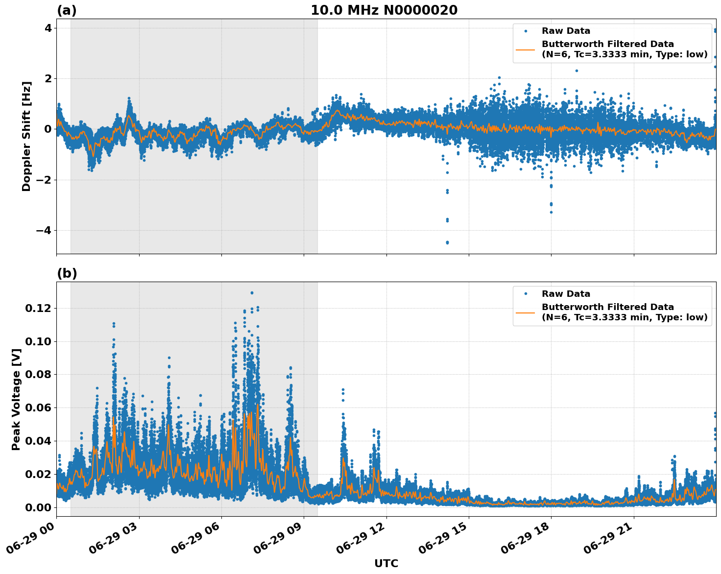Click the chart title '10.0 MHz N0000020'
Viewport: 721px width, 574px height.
pos(384,10)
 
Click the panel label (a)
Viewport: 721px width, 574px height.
pos(67,10)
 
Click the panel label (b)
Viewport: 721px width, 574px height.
pos(67,273)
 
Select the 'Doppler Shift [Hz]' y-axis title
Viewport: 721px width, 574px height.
pos(26,136)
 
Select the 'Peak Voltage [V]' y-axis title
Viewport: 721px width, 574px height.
pos(16,399)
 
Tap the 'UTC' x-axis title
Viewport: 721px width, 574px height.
pos(386,563)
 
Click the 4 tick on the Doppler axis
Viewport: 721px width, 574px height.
pos(48,28)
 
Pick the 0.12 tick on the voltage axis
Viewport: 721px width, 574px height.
pos(38,308)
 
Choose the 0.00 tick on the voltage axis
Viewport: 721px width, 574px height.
pos(38,507)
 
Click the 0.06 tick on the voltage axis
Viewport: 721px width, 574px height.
pos(38,407)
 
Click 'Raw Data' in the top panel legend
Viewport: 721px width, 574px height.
pos(566,31)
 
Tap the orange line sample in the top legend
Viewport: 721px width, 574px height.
pos(525,49)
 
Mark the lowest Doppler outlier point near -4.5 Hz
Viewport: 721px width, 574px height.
pos(447,242)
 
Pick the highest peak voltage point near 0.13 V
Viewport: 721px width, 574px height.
pos(252,293)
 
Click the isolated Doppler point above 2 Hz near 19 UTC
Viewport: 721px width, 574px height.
pos(577,71)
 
